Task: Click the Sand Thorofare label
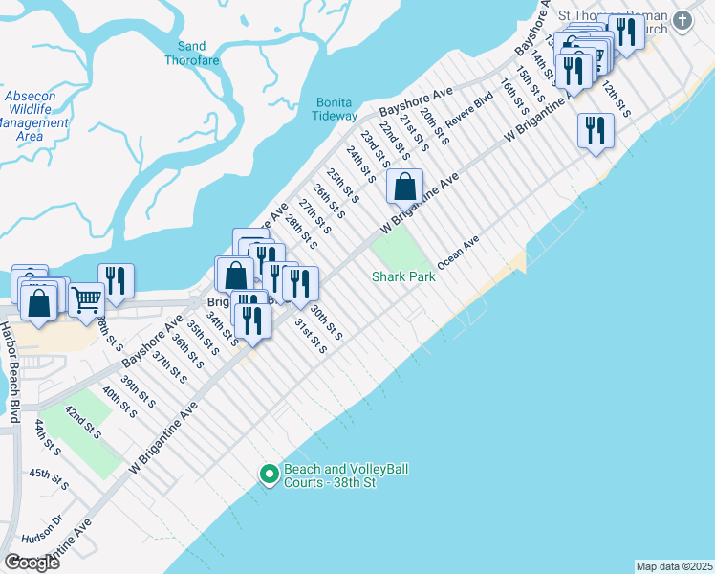tap(191, 54)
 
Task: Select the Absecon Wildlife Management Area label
tap(36, 116)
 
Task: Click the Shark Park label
tap(403, 276)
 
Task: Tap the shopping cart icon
tap(86, 299)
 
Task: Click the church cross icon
tap(682, 19)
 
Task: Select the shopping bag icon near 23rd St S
tap(404, 186)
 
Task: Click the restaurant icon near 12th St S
tap(596, 129)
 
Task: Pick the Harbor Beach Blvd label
tap(12, 370)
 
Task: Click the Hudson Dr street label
tap(45, 526)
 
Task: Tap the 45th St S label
tap(49, 478)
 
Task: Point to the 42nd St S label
tap(82, 422)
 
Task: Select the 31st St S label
tap(310, 336)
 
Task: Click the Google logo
tap(32, 563)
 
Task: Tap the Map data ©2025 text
tap(674, 566)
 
